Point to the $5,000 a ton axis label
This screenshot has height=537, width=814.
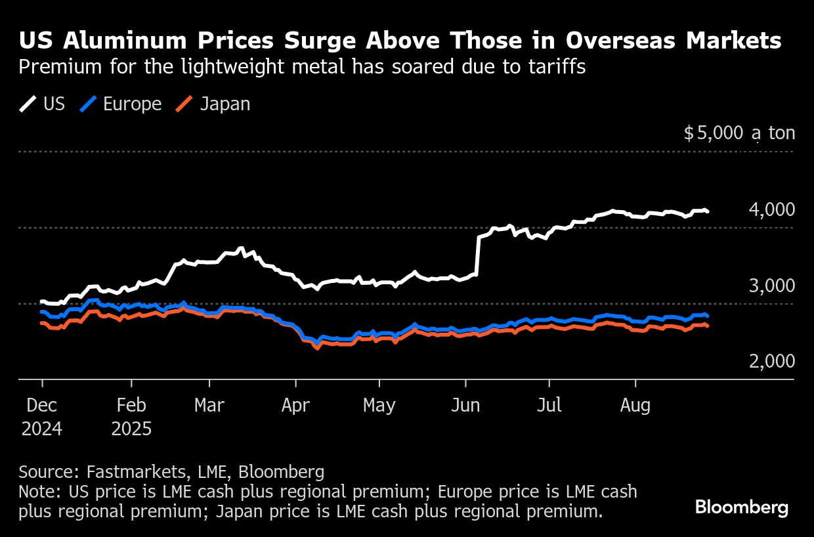(x=739, y=134)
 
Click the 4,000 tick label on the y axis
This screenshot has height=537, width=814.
(x=771, y=210)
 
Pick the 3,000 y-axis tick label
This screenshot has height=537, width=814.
(x=771, y=286)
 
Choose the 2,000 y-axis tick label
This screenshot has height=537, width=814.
(x=771, y=361)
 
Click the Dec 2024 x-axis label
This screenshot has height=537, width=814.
(x=42, y=417)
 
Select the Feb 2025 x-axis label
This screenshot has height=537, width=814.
(x=131, y=417)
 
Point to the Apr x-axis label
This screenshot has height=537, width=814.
(x=295, y=405)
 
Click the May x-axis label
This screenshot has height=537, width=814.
(x=379, y=405)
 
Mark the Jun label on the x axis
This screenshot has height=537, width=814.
(x=465, y=405)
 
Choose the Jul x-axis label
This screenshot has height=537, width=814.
(x=549, y=405)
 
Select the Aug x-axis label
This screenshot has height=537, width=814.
(x=635, y=405)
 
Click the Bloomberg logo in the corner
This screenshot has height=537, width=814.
(x=742, y=507)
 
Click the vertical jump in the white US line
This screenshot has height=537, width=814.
(x=477, y=256)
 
